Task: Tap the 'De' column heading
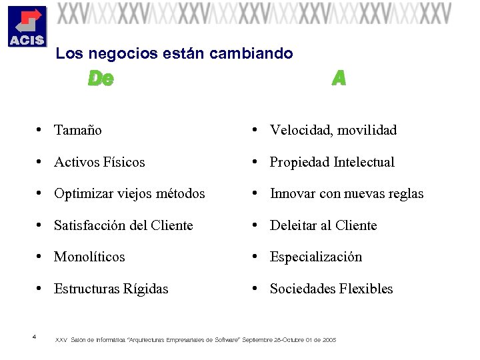[101, 79]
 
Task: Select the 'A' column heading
[339, 79]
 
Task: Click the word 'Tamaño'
[78, 130]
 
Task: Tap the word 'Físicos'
[124, 162]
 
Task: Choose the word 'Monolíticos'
[89, 257]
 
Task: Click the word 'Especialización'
[316, 257]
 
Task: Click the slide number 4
[33, 336]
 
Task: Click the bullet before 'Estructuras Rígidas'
[41, 289]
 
